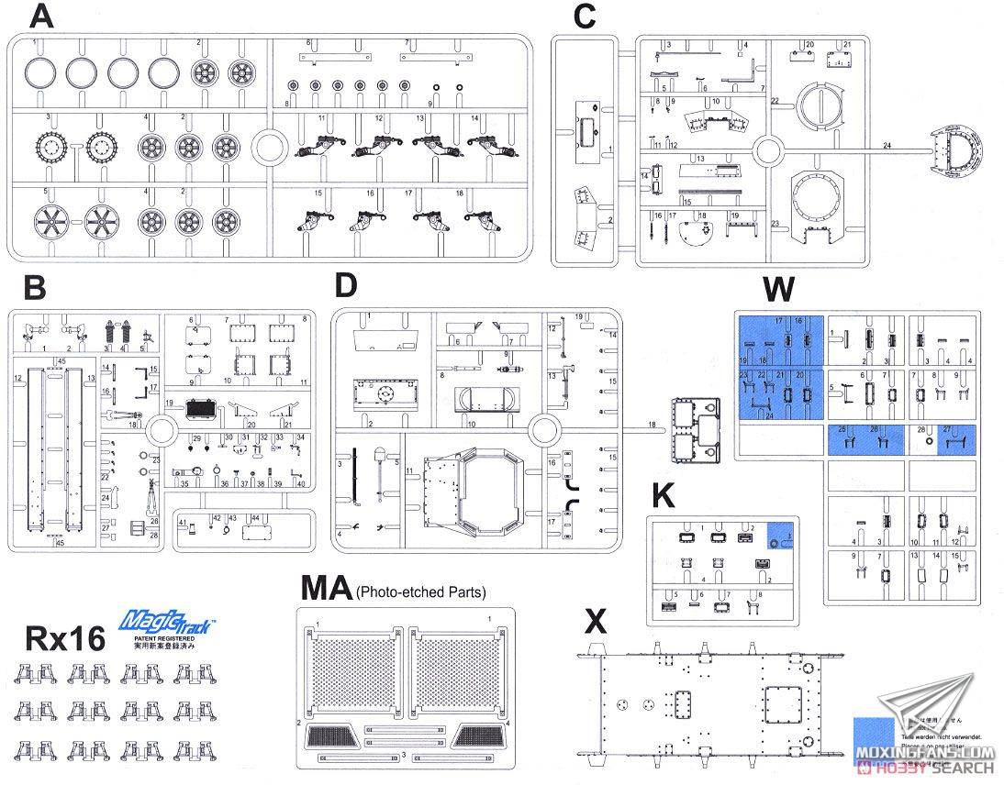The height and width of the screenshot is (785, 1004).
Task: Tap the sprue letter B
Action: coord(34,287)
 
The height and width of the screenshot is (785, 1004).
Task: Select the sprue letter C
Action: coord(584,17)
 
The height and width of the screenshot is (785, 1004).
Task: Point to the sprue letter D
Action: coord(345,285)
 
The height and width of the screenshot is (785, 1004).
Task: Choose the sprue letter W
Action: coord(778,289)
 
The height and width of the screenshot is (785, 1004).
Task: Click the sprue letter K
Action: coord(663,495)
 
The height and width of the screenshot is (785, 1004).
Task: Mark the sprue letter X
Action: coord(596,623)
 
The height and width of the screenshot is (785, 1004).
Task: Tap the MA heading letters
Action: coord(326,587)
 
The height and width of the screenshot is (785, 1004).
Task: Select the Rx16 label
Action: coord(66,638)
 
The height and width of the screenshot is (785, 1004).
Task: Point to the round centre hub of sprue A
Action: coord(270,146)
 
